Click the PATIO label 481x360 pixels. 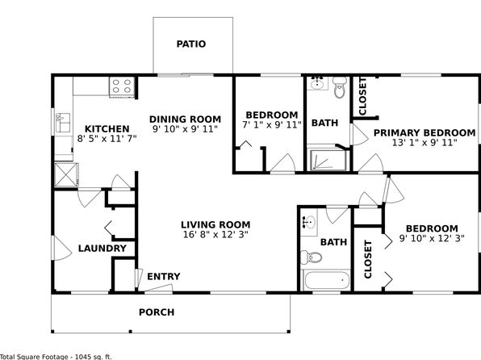pyautogui.click(x=190, y=44)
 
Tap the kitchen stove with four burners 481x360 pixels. pyautogui.click(x=122, y=86)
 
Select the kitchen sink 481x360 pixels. pyautogui.click(x=63, y=123)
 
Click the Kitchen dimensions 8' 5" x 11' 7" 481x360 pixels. pyautogui.click(x=107, y=139)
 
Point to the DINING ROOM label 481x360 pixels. pyautogui.click(x=185, y=119)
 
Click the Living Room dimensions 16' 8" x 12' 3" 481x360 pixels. pyautogui.click(x=215, y=235)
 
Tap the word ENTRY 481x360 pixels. pyautogui.click(x=164, y=277)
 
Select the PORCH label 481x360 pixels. pyautogui.click(x=157, y=312)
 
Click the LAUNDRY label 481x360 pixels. pyautogui.click(x=102, y=249)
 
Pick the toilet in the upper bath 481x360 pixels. pyautogui.click(x=339, y=87)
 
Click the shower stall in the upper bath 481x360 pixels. pyautogui.click(x=328, y=159)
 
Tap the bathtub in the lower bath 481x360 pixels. pyautogui.click(x=326, y=280)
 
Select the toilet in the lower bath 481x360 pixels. pyautogui.click(x=311, y=257)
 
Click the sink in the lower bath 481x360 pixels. pyautogui.click(x=309, y=222)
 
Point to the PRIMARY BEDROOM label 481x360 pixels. pyautogui.click(x=425, y=133)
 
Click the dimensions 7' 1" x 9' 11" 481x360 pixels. pyautogui.click(x=272, y=125)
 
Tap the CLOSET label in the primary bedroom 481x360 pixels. pyautogui.click(x=362, y=96)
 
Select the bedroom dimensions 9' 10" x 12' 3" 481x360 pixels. pyautogui.click(x=432, y=238)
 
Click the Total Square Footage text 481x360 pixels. pyautogui.click(x=56, y=357)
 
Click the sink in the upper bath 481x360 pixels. pyautogui.click(x=318, y=83)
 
